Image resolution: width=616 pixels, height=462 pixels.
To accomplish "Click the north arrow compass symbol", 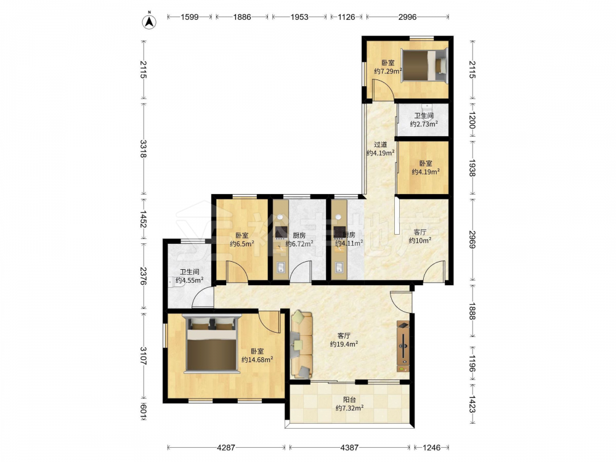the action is (149, 21).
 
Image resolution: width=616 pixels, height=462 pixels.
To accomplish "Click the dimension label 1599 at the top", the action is (189, 17).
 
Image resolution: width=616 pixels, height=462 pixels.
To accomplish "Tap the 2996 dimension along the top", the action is (407, 17).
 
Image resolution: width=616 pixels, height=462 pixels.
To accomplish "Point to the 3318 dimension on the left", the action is (143, 149).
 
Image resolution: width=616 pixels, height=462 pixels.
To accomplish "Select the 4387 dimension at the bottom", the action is (349, 447).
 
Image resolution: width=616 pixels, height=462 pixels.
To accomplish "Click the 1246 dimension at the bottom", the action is (431, 447).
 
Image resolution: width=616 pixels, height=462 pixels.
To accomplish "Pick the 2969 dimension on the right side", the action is (472, 239).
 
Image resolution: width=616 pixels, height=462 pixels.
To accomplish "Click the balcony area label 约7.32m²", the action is (349, 408).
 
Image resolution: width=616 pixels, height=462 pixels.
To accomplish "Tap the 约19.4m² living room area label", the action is (344, 344).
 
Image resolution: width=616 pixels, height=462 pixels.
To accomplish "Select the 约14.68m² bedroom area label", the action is (257, 360).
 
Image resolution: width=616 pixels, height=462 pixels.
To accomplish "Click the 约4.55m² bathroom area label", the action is (189, 280).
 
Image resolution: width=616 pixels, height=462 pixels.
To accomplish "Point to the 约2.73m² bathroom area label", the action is (424, 124).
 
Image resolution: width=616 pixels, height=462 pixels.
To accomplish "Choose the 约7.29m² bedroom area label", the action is (387, 71).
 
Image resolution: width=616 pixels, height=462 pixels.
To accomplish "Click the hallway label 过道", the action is (380, 145).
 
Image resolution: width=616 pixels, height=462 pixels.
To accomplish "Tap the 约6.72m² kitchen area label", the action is (299, 243).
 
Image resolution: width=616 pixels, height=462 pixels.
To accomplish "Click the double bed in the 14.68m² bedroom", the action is (212, 344).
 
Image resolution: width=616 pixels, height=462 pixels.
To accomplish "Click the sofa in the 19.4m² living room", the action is (302, 345).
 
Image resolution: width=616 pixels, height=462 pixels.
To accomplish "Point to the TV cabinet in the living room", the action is (403, 346).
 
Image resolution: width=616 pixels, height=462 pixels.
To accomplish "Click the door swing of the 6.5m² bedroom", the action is (237, 272).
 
